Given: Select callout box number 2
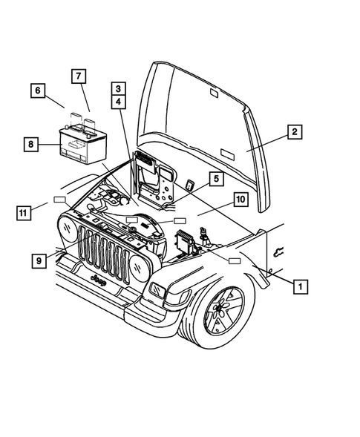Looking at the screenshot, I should [294, 133].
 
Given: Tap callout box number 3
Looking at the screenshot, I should [119, 88].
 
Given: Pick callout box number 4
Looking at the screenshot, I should [119, 102].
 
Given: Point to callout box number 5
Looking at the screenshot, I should [214, 178].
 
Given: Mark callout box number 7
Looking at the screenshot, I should [78, 75].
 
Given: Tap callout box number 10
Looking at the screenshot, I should [240, 199].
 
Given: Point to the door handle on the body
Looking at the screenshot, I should [278, 249].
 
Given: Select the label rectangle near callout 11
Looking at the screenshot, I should [59, 200].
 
